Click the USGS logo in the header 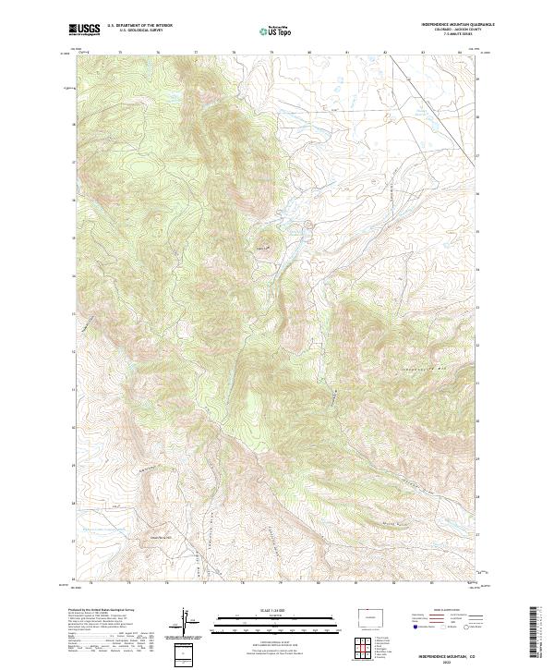tap(84, 30)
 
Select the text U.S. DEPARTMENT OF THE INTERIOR tap(139, 26)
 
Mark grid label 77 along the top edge tap(196, 52)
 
